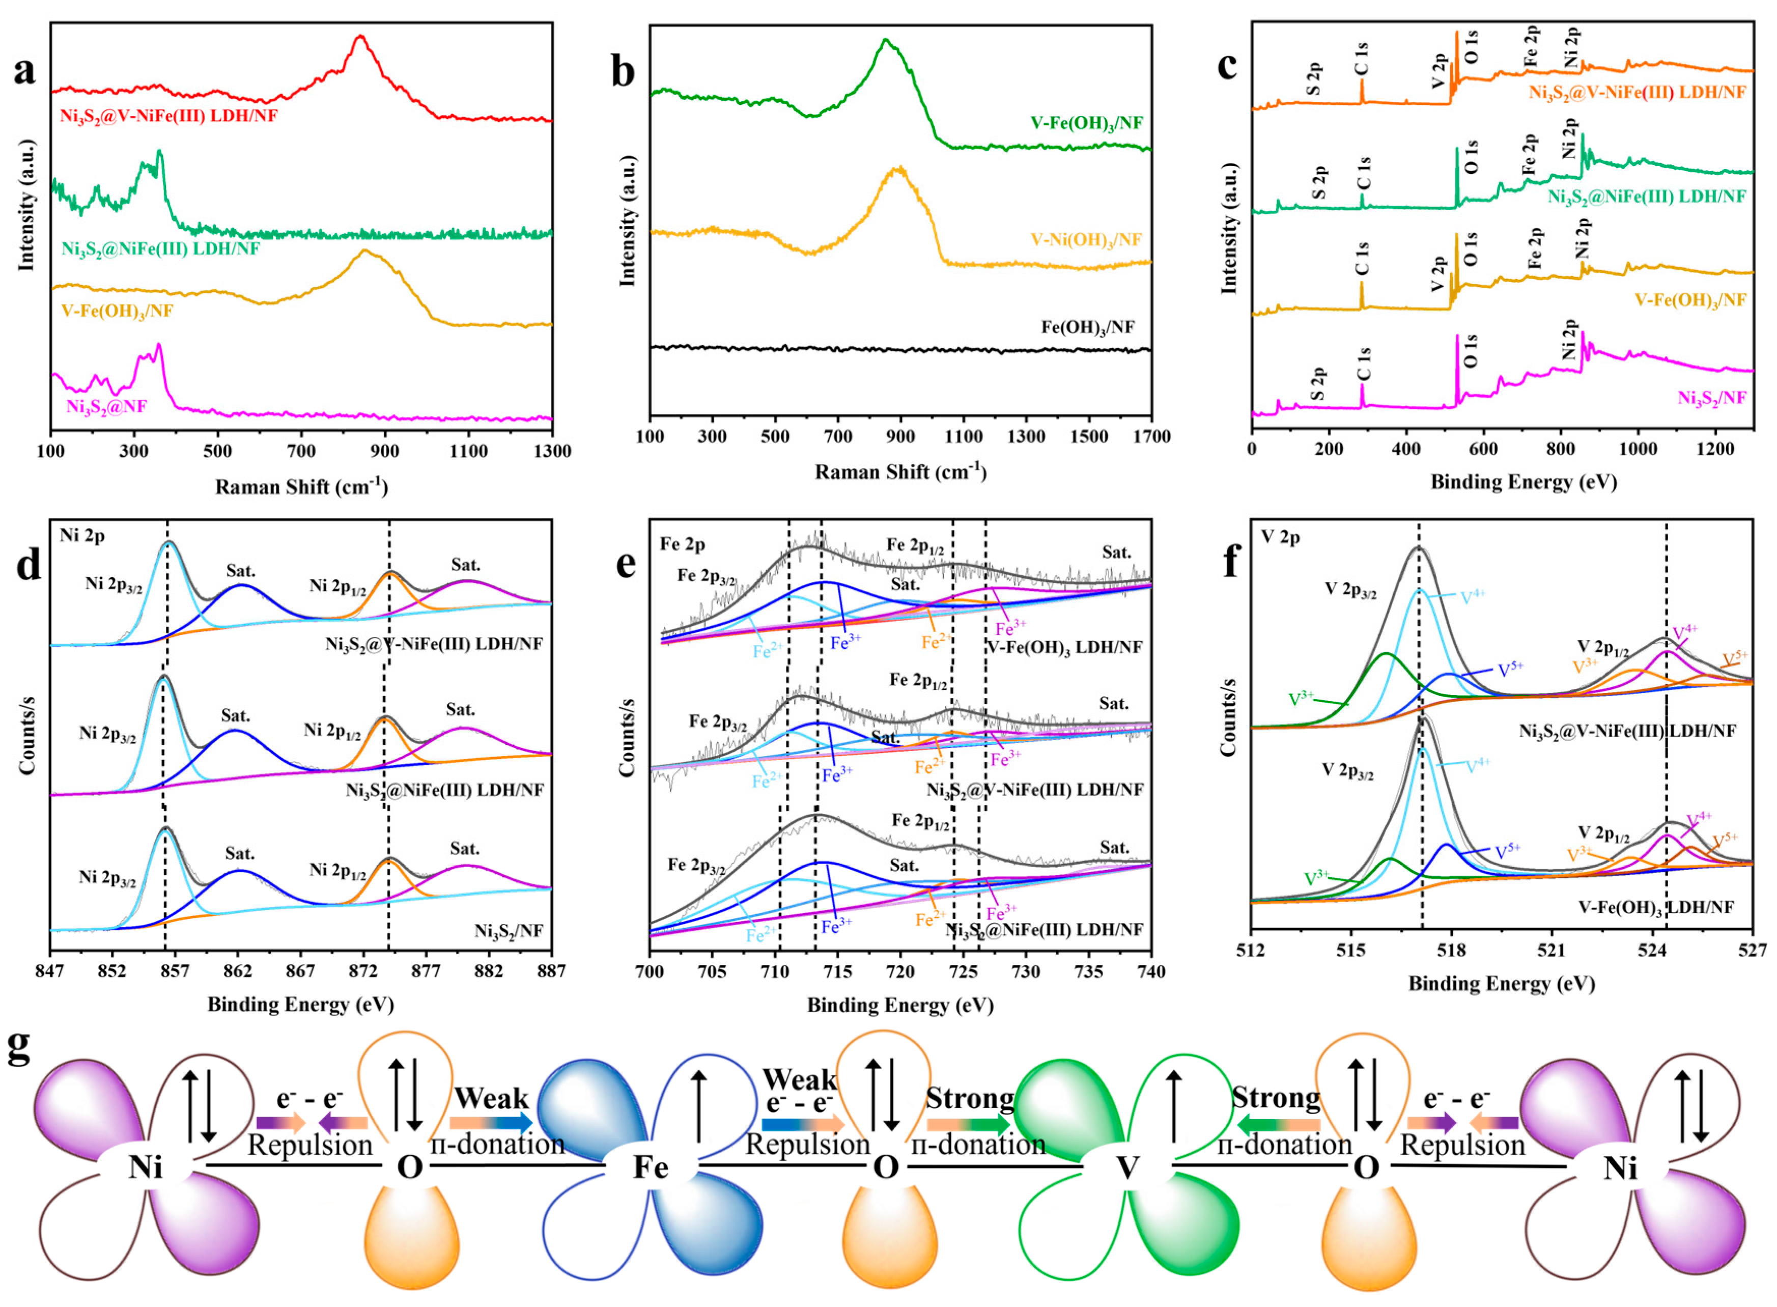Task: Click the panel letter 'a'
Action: tap(25, 71)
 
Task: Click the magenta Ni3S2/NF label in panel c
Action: tap(1711, 398)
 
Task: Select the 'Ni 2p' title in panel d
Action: tap(82, 537)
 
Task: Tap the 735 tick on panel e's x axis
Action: tap(1088, 971)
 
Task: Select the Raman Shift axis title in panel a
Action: tap(301, 487)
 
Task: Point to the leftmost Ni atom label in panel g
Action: tap(146, 1167)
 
